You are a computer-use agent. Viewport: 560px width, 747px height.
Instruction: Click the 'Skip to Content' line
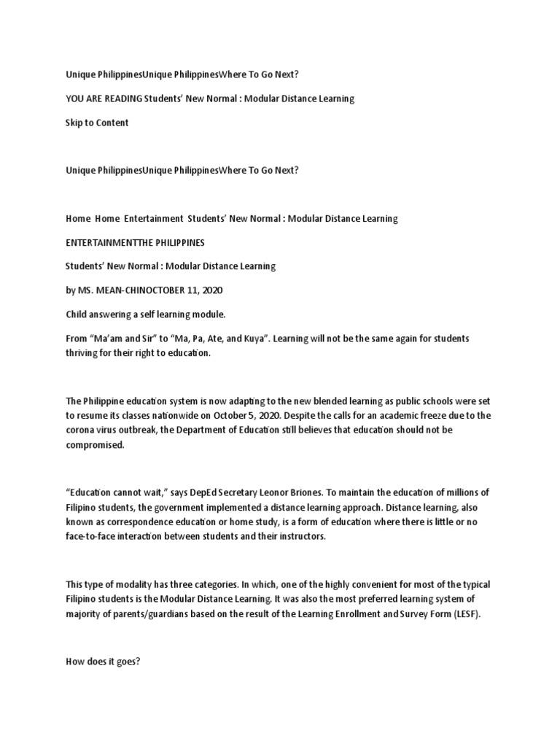(97, 123)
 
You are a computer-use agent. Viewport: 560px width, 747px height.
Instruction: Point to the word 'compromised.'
(96, 444)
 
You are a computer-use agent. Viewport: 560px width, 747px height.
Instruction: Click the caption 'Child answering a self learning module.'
(146, 314)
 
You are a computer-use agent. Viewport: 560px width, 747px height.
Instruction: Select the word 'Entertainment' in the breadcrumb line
(153, 218)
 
